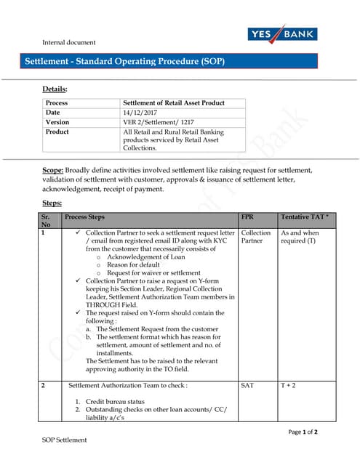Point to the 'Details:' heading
(x=55, y=89)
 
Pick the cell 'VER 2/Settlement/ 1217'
(x=157, y=122)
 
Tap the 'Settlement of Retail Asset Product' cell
(x=173, y=103)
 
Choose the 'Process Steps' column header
(x=84, y=217)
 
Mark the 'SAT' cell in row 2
(x=247, y=385)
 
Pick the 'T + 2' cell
(x=288, y=385)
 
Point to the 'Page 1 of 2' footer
(x=303, y=432)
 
